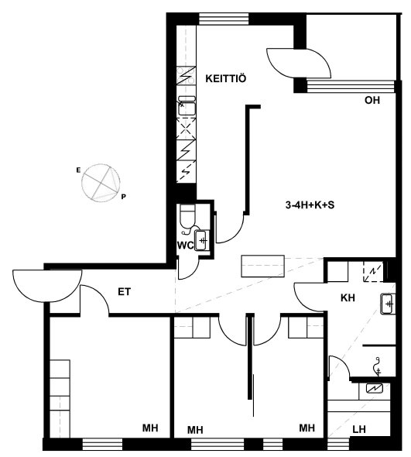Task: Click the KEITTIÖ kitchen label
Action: click(226, 78)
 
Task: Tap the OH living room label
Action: click(372, 100)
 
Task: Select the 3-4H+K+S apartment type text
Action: click(310, 205)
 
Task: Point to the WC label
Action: click(185, 246)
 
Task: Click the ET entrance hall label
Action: click(125, 292)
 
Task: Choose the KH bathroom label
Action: click(348, 298)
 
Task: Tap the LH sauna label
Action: click(359, 429)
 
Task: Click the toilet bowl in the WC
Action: click(187, 216)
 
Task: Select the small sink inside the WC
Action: click(202, 240)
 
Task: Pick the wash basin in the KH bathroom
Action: click(388, 304)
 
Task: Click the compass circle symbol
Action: click(101, 183)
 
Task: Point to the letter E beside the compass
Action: click(78, 170)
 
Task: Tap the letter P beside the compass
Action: click(124, 197)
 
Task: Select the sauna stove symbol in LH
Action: click(375, 388)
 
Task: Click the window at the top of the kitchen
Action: click(224, 19)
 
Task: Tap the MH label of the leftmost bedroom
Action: click(150, 428)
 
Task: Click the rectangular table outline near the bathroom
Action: click(262, 266)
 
